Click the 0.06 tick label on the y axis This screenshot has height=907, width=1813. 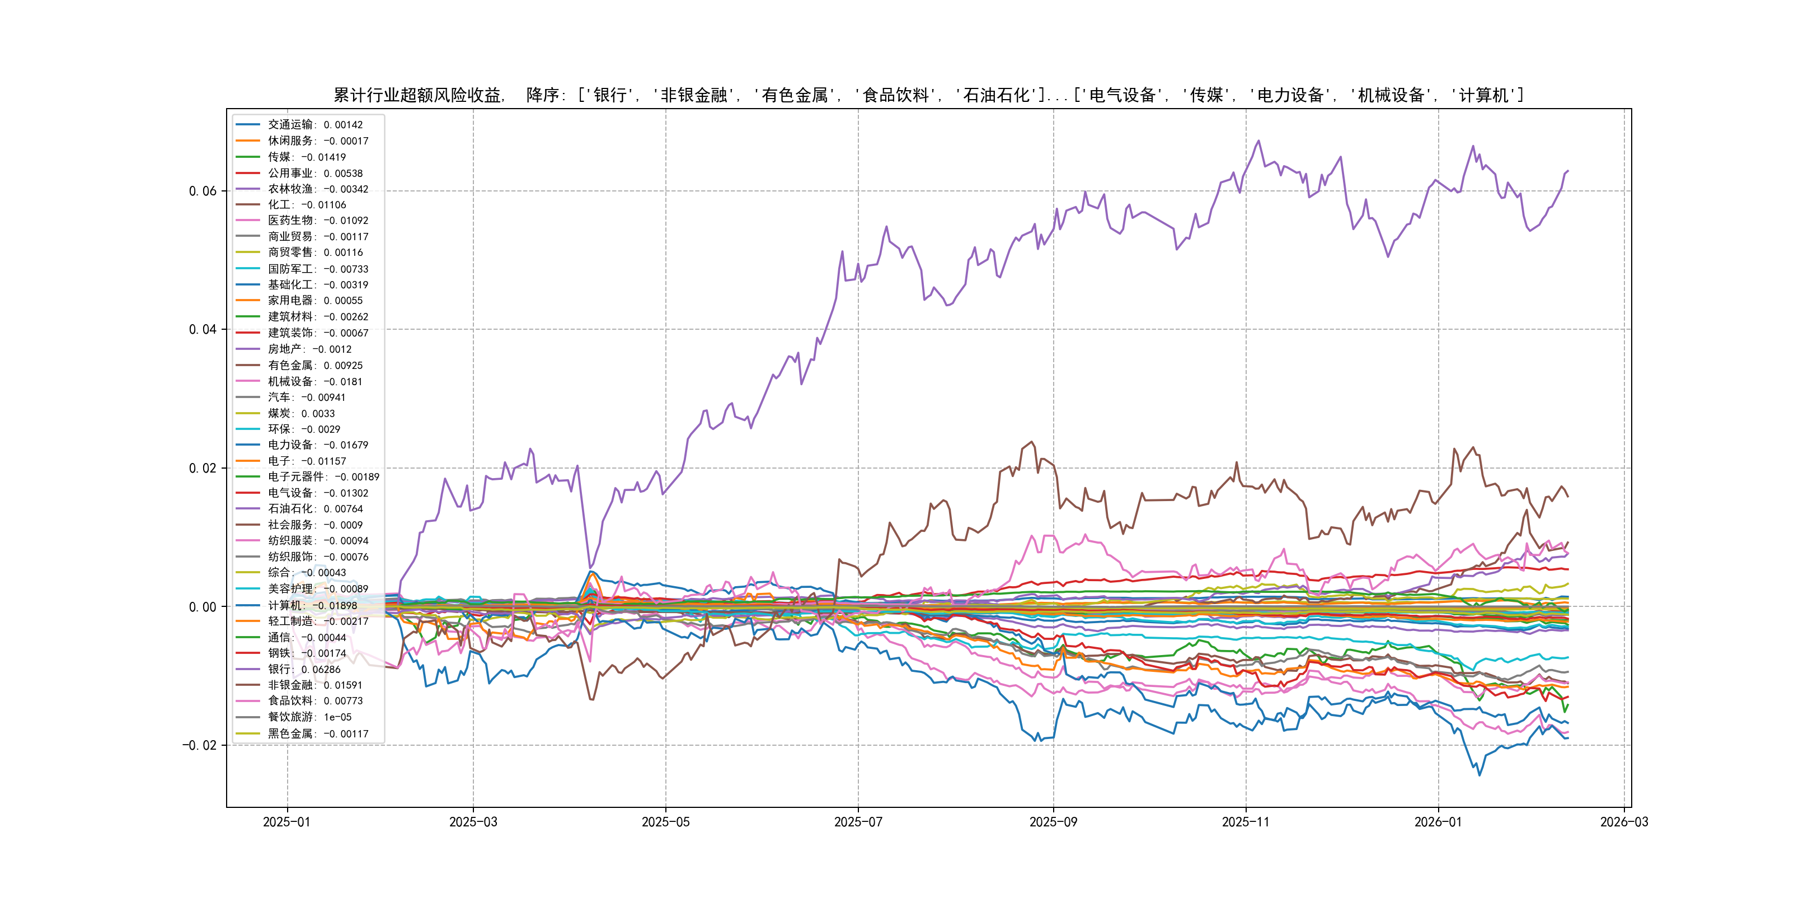click(x=203, y=191)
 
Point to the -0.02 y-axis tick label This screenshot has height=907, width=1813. click(x=200, y=746)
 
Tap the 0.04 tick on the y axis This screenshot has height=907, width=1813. click(x=203, y=330)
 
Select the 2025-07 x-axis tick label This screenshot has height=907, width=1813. click(x=858, y=822)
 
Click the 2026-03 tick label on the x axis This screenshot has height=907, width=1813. click(x=1624, y=822)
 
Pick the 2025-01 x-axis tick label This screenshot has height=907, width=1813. click(x=286, y=822)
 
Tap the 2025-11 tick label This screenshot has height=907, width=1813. click(x=1246, y=822)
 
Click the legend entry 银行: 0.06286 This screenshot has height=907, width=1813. click(x=303, y=670)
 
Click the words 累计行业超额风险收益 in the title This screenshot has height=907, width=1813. click(x=418, y=95)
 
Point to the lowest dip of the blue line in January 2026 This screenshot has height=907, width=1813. click(x=1479, y=775)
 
